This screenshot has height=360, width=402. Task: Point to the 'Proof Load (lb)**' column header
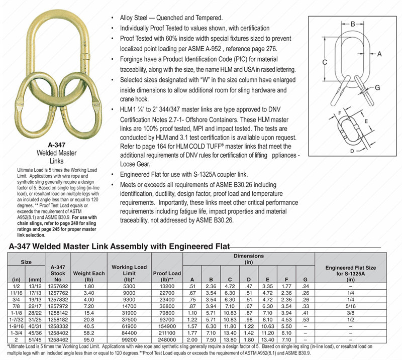pos(167,275)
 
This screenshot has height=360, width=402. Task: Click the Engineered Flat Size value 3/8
pos(350,312)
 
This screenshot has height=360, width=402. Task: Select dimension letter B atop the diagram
pos(353,24)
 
